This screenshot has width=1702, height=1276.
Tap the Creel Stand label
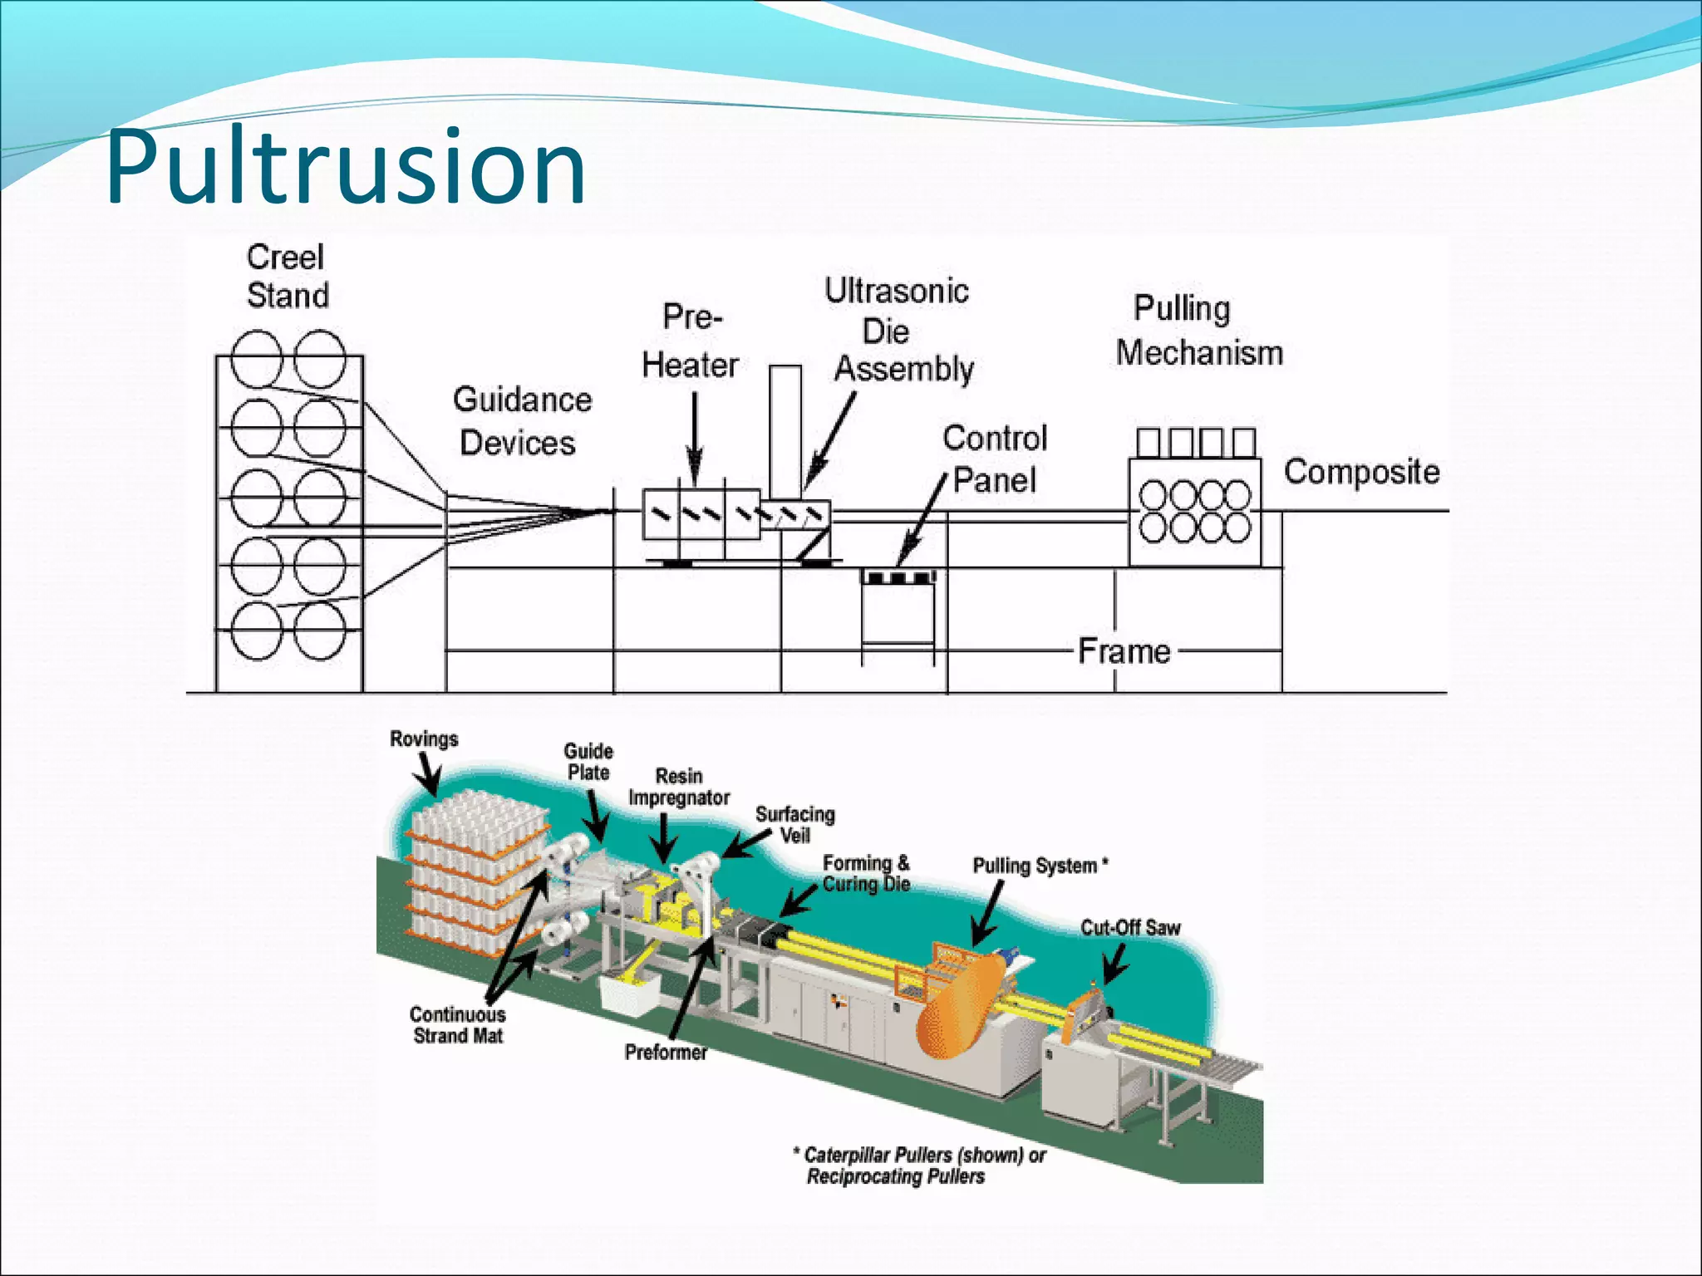coord(287,276)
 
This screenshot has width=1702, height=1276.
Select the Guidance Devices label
coord(521,421)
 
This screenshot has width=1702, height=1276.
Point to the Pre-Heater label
coord(691,341)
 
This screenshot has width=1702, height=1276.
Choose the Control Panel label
coord(995,459)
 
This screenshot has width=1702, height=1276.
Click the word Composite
coord(1361,472)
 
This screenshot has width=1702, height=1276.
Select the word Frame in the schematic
coord(1124,650)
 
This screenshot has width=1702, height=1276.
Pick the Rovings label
coord(424,739)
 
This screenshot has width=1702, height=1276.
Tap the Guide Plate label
coord(588,762)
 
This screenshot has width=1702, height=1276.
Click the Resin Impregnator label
coord(679,787)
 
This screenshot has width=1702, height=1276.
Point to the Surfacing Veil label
coord(795,824)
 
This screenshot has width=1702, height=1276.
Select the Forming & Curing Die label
coord(866,873)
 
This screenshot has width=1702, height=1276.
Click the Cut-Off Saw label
coord(1130,927)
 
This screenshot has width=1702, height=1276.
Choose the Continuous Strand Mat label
coord(458,1024)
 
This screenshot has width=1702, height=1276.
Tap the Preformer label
coord(666,1052)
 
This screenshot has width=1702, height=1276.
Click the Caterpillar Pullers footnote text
coord(918,1165)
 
